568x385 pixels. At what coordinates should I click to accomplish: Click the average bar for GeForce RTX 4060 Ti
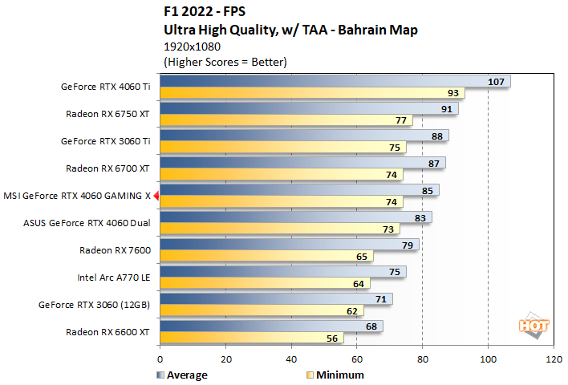pyautogui.click(x=321, y=81)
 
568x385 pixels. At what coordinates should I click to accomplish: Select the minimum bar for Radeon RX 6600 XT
pyautogui.click(x=252, y=338)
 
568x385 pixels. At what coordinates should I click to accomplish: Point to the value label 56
pyautogui.click(x=331, y=338)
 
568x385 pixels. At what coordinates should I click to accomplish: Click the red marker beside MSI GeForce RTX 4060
pyautogui.click(x=156, y=195)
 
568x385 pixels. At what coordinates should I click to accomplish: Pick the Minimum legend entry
pyautogui.click(x=335, y=375)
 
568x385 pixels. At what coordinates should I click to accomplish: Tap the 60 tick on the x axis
pyautogui.click(x=356, y=360)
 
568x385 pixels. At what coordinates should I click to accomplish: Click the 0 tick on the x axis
pyautogui.click(x=160, y=360)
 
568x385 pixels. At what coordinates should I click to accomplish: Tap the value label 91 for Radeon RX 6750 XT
pyautogui.click(x=446, y=108)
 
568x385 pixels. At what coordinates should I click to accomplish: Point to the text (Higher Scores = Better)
pyautogui.click(x=225, y=62)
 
